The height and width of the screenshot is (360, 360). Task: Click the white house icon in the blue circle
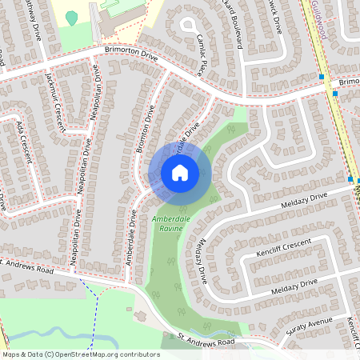point(180,172)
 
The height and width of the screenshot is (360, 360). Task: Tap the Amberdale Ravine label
point(167,223)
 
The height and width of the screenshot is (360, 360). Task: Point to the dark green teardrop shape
point(72,17)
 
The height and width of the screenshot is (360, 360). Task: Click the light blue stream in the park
point(64,330)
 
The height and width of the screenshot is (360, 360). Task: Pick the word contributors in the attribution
point(138,354)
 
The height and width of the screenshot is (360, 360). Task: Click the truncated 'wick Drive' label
point(274,18)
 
